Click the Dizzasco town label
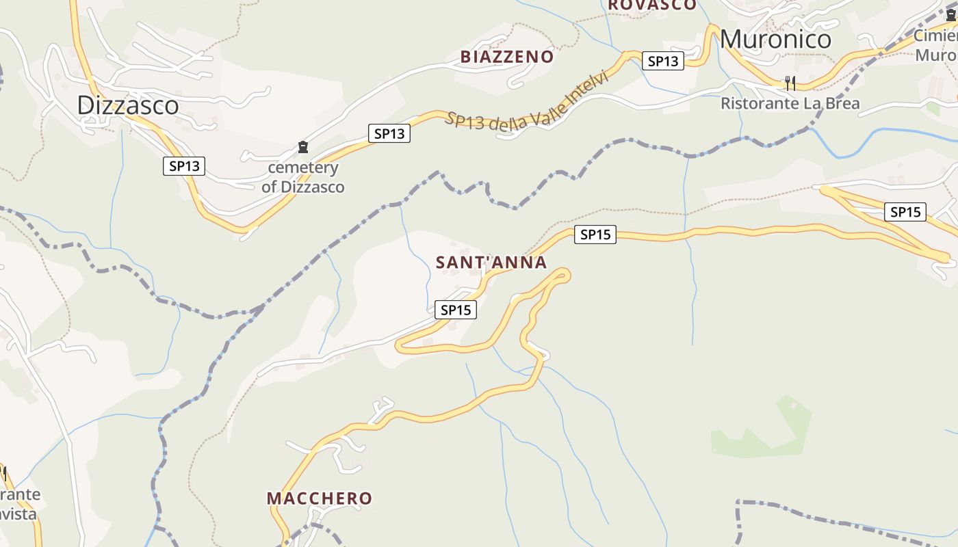coord(128,105)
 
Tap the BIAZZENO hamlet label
coord(506,57)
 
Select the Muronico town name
coord(775,39)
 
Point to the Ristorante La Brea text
coord(790,103)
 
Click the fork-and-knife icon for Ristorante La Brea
coord(790,83)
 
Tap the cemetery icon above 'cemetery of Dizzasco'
coord(302,146)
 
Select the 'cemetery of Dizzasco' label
coord(302,177)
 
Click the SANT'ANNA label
coord(491,263)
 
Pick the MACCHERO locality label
coord(319,498)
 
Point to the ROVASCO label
coord(652,5)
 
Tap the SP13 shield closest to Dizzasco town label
coord(184,165)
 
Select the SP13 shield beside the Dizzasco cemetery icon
coord(389,133)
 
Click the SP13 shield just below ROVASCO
coord(663,61)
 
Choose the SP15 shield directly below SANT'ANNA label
coord(456,310)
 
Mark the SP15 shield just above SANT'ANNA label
coord(595,235)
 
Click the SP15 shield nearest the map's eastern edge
coord(905,212)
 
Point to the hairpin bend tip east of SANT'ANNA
coord(565,275)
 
